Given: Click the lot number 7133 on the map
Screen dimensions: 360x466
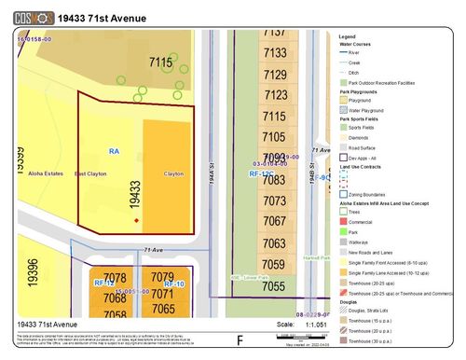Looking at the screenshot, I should (275, 54).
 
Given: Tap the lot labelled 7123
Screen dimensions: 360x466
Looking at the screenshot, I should (275, 95).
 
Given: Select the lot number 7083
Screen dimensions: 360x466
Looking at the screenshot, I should (275, 200).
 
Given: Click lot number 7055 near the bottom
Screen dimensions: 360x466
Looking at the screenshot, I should (275, 287).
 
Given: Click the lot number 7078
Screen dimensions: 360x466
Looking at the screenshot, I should (116, 277).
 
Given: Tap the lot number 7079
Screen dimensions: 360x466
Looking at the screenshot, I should (163, 277).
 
